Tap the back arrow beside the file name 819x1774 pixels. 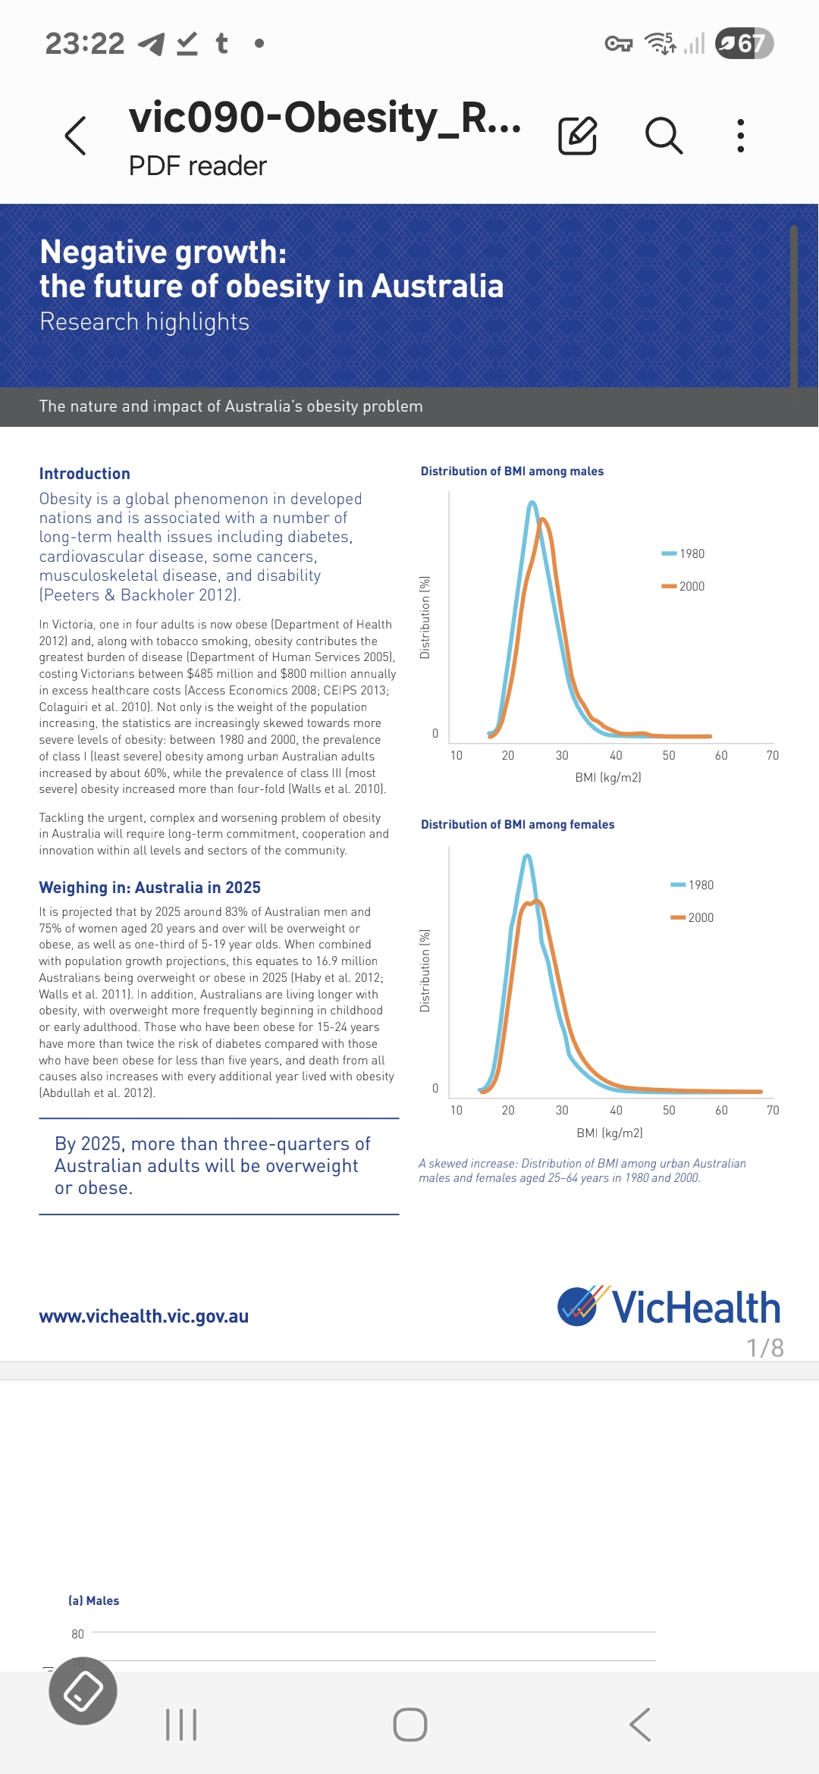coord(76,136)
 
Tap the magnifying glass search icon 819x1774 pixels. coord(664,136)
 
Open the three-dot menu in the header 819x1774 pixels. coord(741,136)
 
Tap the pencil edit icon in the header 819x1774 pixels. coord(578,136)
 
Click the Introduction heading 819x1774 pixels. coord(85,474)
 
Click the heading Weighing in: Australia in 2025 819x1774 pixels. coord(150,888)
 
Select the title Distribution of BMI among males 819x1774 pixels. coord(512,472)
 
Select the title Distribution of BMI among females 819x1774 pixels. coord(517,825)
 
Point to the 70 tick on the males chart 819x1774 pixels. coord(773,756)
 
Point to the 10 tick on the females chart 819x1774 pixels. coord(457,1111)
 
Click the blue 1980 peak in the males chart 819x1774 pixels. coord(532,503)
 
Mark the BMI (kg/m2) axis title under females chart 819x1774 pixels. coord(610,1133)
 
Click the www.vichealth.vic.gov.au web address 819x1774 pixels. coord(144,1317)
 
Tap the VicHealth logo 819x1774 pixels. coord(669,1307)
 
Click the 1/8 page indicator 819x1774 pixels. coord(764,1348)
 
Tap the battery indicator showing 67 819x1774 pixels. coord(744,43)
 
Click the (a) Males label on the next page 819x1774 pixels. coord(94,1601)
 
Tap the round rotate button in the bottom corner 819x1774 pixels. coord(83,1691)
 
